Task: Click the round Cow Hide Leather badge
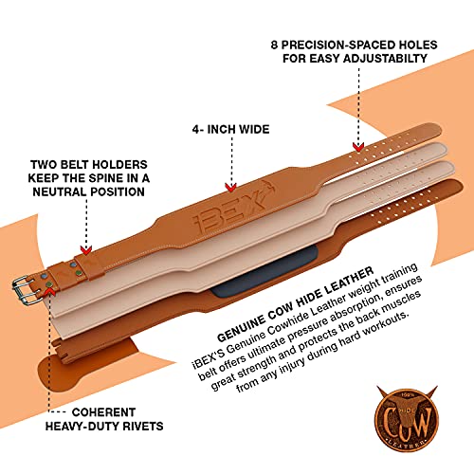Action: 407,418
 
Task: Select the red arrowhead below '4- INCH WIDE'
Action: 231,188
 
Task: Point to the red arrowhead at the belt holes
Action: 358,147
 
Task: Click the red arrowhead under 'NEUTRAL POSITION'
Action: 86,250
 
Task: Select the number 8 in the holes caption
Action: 274,45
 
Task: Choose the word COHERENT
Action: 103,412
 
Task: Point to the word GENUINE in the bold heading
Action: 241,328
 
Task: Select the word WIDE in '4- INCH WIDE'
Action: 254,129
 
